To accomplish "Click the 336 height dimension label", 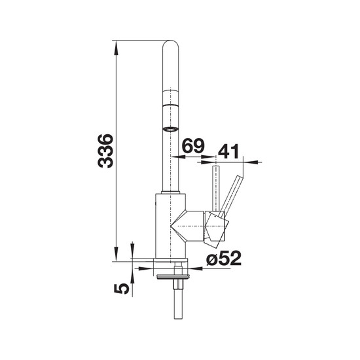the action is [105, 151].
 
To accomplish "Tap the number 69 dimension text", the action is [193, 146].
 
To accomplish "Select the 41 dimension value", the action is [228, 151].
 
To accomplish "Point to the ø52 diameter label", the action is [224, 258].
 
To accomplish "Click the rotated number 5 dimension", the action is [121, 289].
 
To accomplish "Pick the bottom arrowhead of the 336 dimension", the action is [117, 254].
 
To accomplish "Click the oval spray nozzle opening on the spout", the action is [170, 129].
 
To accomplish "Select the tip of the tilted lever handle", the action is [240, 178].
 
